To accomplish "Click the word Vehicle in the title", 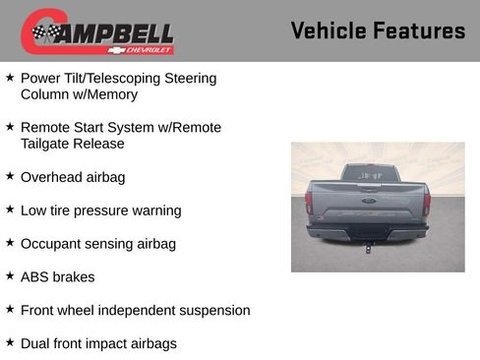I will (329, 30).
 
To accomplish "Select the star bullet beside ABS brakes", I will (10, 276).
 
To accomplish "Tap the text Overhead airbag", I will (73, 177).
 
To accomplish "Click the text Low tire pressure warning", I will (100, 210).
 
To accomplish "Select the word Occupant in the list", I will (51, 243).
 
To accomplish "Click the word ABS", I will (35, 276).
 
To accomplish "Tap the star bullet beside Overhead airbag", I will (10, 177).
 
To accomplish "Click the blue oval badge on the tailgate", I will (368, 199).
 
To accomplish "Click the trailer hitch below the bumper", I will (368, 247).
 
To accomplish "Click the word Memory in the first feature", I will (111, 94).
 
